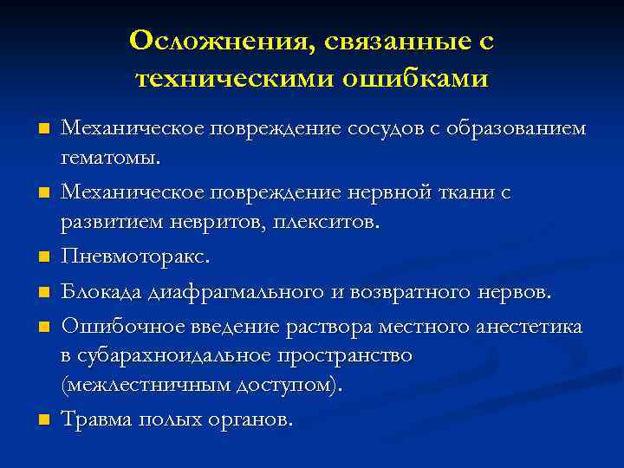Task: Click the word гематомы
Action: [110, 159]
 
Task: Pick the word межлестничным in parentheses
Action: [143, 386]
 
